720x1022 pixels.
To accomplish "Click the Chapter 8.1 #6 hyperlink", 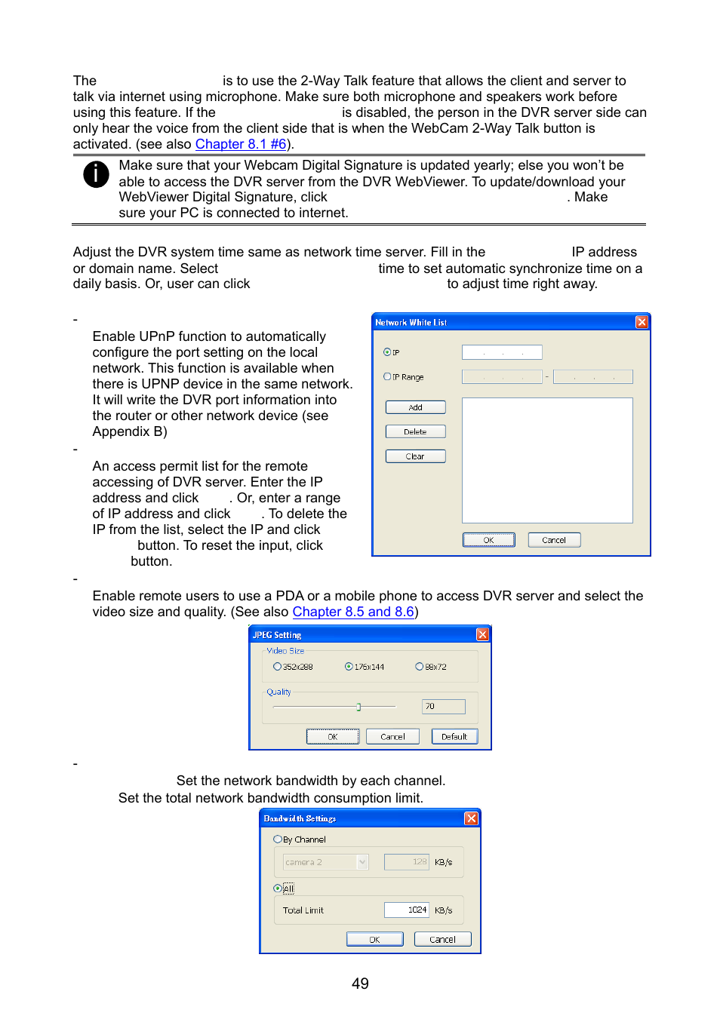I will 240,144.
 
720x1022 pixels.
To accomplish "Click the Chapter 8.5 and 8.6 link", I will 353,612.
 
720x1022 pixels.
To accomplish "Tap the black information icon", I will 96,174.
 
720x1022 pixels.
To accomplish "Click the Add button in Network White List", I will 415,407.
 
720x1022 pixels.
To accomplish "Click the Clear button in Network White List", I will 415,456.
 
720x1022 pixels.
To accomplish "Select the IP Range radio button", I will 387,376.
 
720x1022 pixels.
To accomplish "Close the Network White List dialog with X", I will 642,322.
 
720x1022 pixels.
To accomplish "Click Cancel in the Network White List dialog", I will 553,540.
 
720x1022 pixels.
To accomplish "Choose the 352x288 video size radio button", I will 277,667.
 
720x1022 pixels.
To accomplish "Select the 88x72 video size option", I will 419,667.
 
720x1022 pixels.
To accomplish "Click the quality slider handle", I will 358,707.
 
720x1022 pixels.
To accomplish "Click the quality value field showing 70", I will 443,707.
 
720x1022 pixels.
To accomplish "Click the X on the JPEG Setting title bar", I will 482,635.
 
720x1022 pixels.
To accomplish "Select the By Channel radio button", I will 278,839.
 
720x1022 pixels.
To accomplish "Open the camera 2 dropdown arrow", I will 363,862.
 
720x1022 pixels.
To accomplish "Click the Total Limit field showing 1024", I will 406,910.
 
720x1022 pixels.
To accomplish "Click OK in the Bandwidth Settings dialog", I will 374,940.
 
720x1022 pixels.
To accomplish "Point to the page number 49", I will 360,984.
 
